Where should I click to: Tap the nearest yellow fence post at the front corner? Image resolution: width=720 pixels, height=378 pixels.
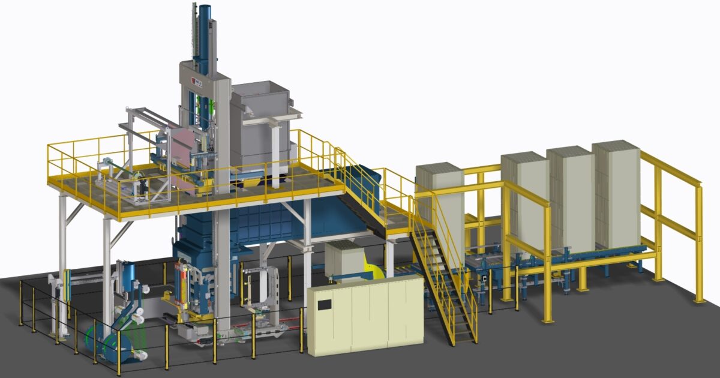[x=119, y=354]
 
